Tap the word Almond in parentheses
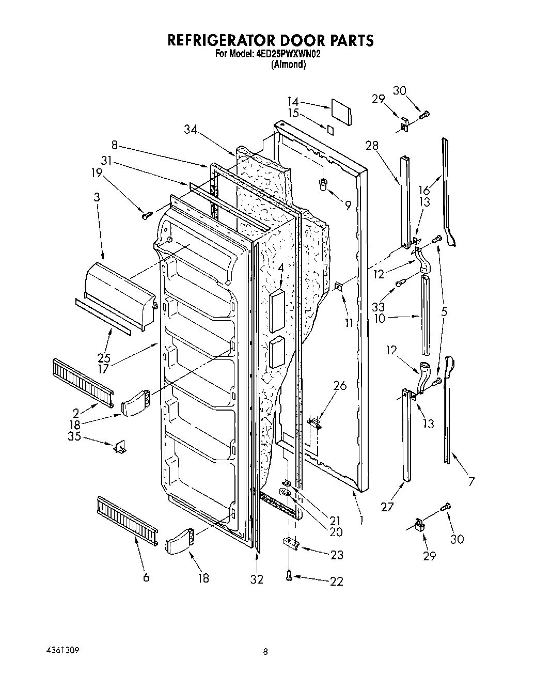(x=289, y=65)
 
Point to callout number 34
(x=192, y=130)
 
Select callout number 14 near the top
(x=293, y=102)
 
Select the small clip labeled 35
(x=121, y=447)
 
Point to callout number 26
(x=340, y=386)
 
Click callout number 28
(x=371, y=146)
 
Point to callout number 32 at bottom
(x=257, y=579)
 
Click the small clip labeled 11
(x=339, y=286)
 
